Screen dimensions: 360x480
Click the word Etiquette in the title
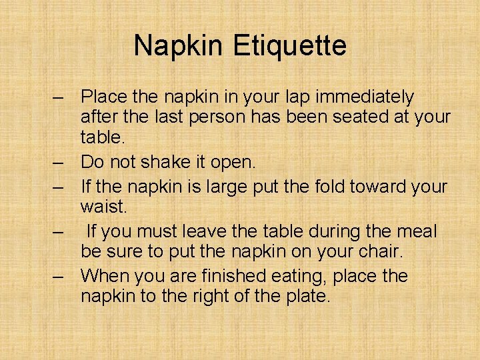click(289, 46)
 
